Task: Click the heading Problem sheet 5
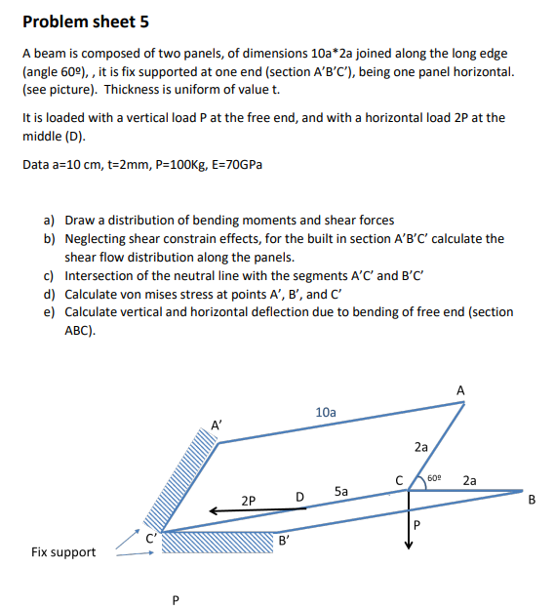click(86, 21)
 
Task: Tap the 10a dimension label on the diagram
click(326, 413)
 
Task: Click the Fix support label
click(63, 552)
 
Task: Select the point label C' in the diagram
click(151, 537)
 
